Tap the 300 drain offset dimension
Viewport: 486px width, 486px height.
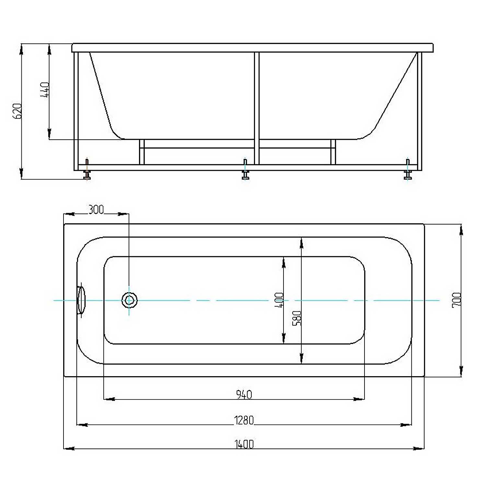tap(96, 210)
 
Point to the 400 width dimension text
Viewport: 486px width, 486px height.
tap(279, 300)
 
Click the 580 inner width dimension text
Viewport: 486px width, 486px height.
tap(297, 318)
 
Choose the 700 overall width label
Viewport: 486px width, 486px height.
tap(457, 300)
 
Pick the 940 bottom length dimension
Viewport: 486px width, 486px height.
tap(244, 394)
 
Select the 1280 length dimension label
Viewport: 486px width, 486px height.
tap(244, 420)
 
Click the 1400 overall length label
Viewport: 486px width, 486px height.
tap(244, 444)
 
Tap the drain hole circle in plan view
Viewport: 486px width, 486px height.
tap(129, 300)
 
